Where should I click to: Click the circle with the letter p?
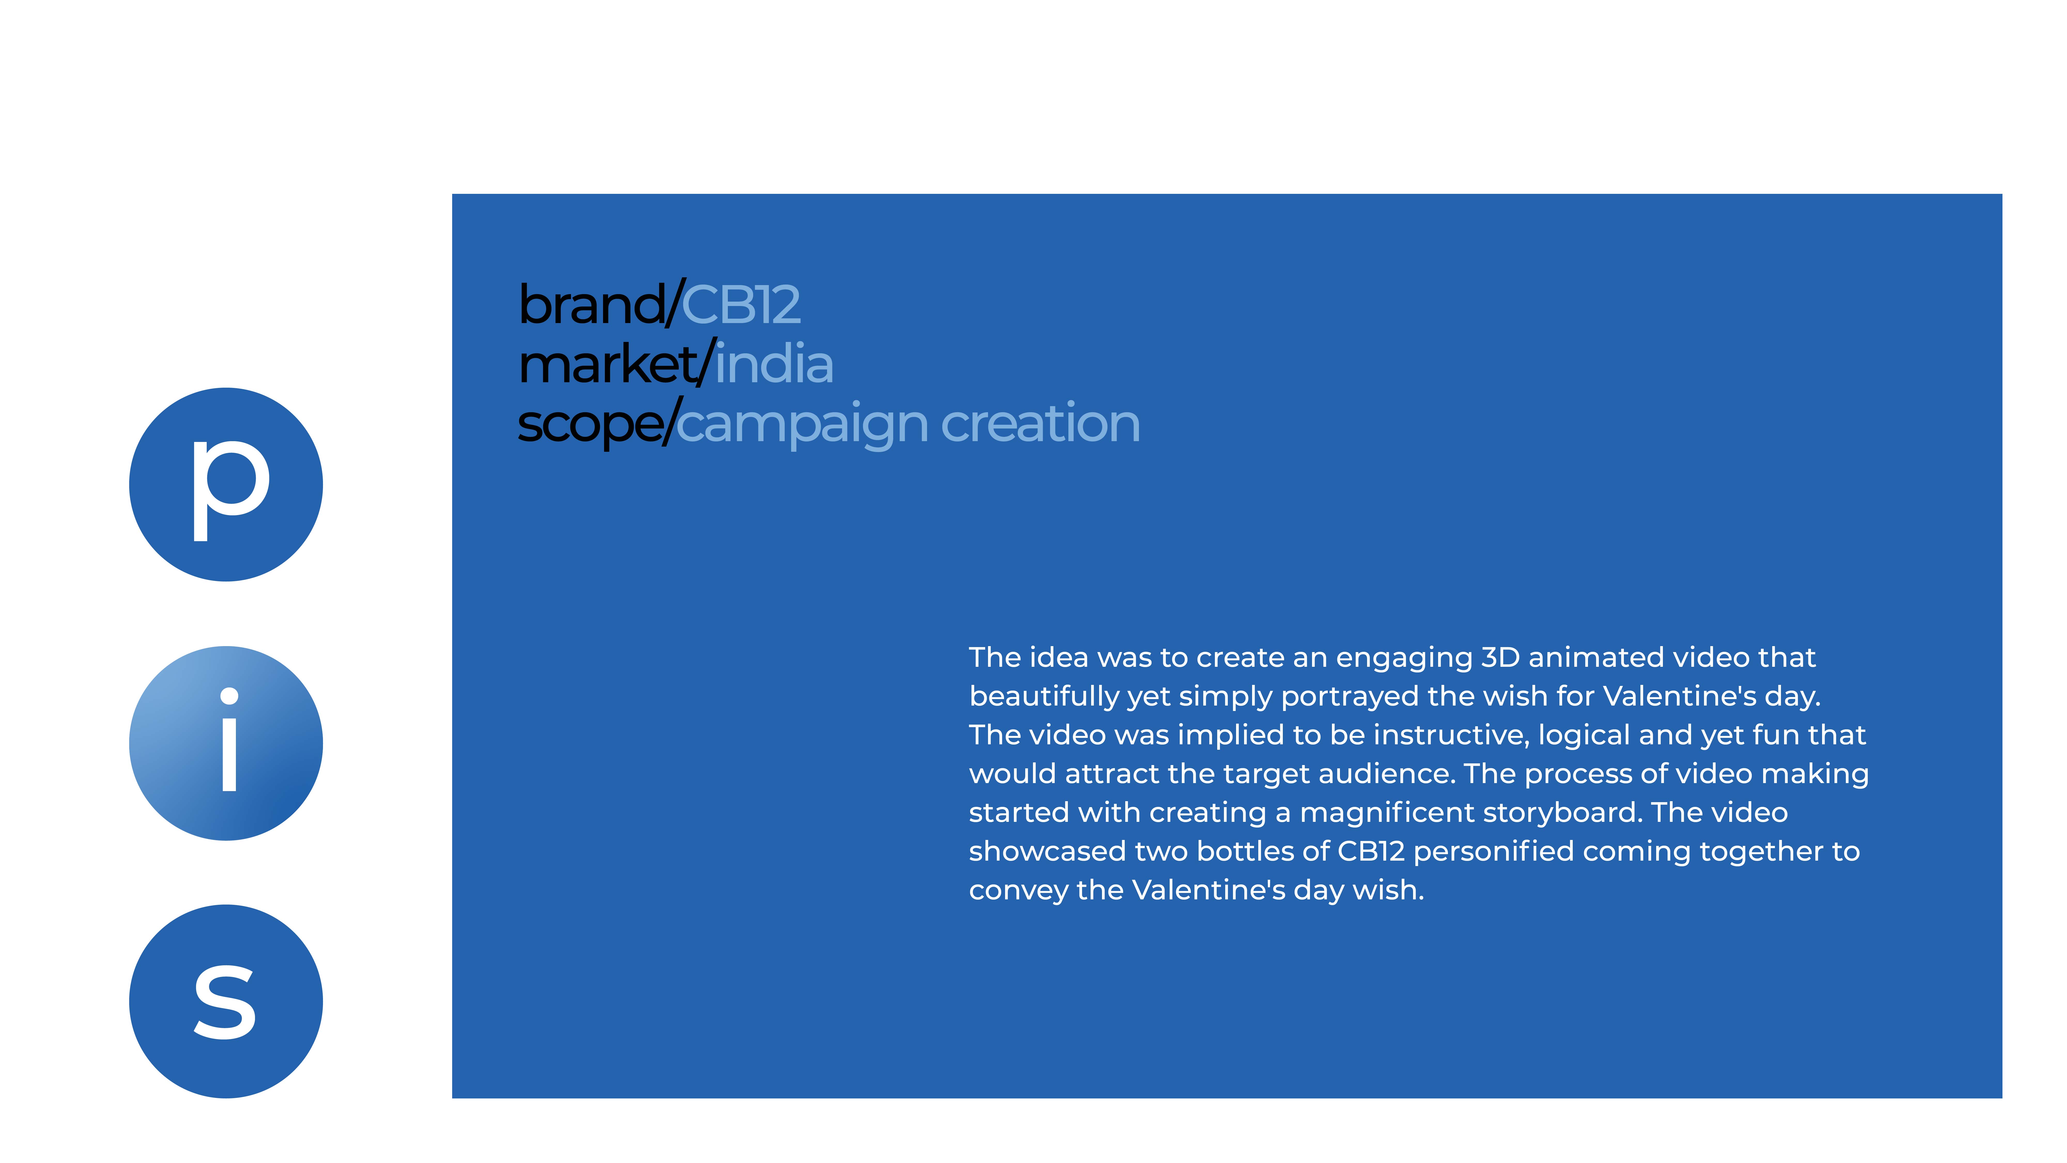tap(226, 485)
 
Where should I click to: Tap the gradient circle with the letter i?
tap(226, 743)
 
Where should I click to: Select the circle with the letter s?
tap(226, 1002)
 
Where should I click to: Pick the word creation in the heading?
tap(1040, 422)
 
